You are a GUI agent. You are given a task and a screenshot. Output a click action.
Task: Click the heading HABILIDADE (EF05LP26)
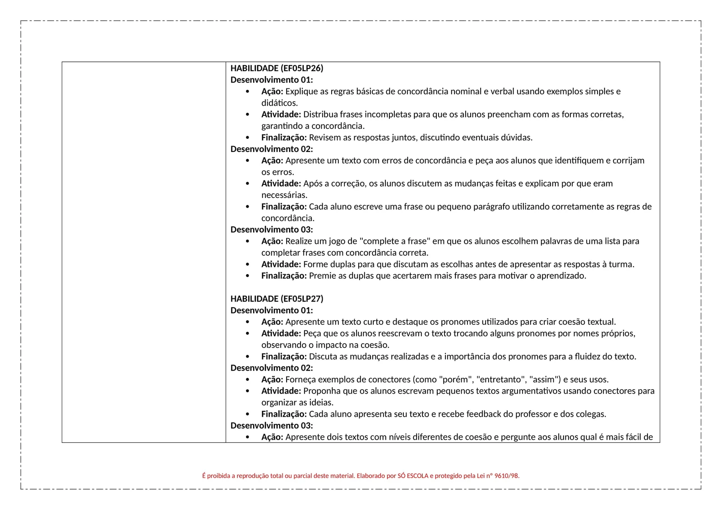click(277, 69)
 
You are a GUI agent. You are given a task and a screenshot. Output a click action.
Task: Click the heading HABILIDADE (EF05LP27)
click(277, 299)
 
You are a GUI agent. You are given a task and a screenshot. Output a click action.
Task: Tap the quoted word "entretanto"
click(500, 380)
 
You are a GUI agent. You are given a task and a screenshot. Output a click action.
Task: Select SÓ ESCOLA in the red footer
click(413, 476)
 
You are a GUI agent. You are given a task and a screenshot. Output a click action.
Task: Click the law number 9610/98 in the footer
click(507, 476)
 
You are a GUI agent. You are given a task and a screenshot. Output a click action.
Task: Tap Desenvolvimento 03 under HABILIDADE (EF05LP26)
click(272, 230)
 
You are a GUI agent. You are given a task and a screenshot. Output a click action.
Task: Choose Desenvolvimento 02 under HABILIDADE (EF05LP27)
click(272, 368)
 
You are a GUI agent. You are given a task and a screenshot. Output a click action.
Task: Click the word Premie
click(322, 276)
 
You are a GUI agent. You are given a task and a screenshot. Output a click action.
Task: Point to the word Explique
click(301, 92)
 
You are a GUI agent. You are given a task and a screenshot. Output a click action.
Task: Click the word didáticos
click(279, 103)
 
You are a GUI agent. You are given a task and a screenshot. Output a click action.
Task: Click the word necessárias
click(284, 195)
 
